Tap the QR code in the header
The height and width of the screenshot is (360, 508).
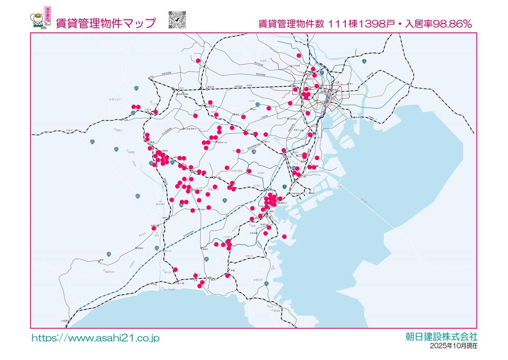pyautogui.click(x=177, y=19)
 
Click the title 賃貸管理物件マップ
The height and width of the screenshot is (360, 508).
pyautogui.click(x=105, y=23)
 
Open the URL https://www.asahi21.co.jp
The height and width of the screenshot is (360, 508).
pyautogui.click(x=95, y=338)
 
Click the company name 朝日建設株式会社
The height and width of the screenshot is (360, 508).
pyautogui.click(x=441, y=336)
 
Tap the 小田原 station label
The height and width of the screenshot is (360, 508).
pyautogui.click(x=64, y=321)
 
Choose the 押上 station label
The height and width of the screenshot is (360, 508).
pyautogui.click(x=350, y=84)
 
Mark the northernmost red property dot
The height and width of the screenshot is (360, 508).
pyautogui.click(x=299, y=55)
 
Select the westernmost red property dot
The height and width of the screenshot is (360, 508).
pyautogui.click(x=133, y=107)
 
